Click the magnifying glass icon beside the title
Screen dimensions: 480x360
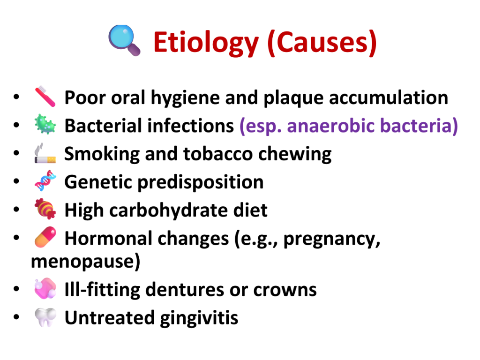[124, 40]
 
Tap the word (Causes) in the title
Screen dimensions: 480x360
[322, 43]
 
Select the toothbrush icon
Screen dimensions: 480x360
[45, 97]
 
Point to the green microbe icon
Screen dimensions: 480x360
[45, 124]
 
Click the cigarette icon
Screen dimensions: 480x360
[45, 153]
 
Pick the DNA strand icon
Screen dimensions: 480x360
[45, 180]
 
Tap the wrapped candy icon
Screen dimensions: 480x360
[45, 209]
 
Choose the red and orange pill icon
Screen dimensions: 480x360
[45, 237]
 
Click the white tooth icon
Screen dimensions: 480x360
[45, 317]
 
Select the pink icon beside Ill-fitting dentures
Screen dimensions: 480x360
[45, 288]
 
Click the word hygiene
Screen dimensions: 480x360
[185, 98]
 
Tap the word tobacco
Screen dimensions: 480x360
[217, 154]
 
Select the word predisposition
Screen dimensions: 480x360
[201, 183]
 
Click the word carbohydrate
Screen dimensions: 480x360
[169, 210]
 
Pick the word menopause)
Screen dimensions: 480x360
[86, 262]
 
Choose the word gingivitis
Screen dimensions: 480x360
[199, 318]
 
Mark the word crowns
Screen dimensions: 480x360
[285, 290]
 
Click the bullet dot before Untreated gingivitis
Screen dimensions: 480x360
[16, 316]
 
